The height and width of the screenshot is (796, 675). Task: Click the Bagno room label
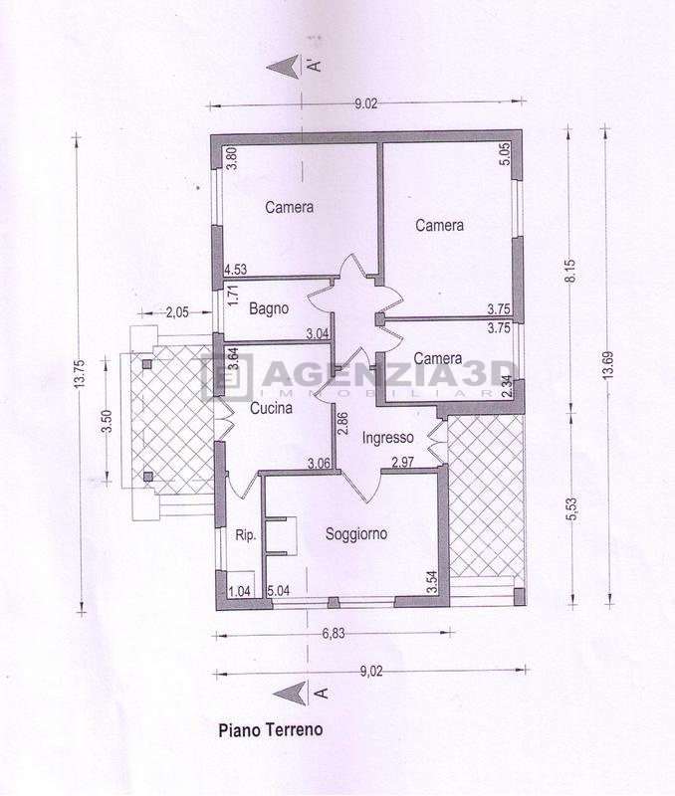(269, 308)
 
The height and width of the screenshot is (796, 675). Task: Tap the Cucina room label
(271, 408)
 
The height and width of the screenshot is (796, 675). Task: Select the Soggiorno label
(356, 534)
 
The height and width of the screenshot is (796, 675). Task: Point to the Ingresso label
(387, 437)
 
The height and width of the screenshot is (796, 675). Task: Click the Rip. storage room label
(246, 535)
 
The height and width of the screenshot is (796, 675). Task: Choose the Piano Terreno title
(271, 730)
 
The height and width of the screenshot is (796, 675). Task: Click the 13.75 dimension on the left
(79, 374)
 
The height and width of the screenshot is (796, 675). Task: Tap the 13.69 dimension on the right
(609, 364)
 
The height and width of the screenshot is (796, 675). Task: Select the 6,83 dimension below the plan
(334, 634)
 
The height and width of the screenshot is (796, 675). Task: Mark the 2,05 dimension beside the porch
(177, 312)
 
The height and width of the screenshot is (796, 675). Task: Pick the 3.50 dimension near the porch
(107, 421)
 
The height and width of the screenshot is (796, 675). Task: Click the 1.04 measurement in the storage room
(240, 591)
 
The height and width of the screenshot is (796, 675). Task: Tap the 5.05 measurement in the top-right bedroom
(505, 154)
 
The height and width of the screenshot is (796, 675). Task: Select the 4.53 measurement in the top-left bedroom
(236, 269)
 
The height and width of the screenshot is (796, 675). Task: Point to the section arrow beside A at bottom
(290, 693)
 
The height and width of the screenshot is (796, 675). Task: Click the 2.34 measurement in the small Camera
(506, 388)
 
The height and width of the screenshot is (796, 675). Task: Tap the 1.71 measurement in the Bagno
(233, 295)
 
